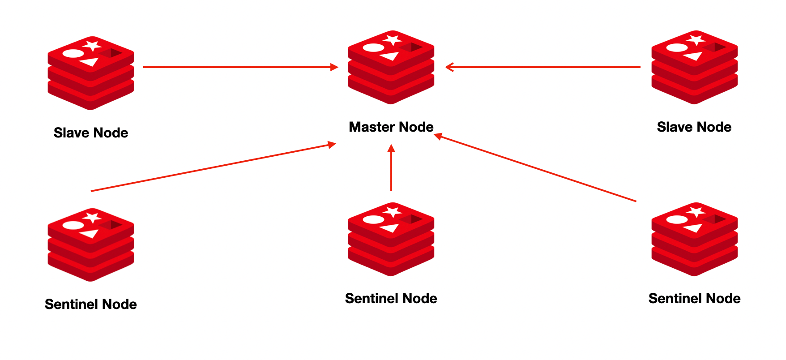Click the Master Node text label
[x=391, y=127]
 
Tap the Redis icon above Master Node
[x=391, y=67]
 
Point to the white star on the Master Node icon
[x=393, y=39]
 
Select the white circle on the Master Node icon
[x=373, y=47]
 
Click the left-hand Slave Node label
[x=91, y=133]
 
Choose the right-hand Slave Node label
[x=694, y=127]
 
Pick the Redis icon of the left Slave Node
[x=91, y=73]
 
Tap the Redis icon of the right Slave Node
[x=694, y=67]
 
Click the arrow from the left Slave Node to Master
[x=240, y=67]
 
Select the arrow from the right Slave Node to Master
[x=543, y=67]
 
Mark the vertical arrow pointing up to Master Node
[x=391, y=168]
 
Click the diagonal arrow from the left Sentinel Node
[x=213, y=167]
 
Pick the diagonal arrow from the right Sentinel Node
[x=535, y=168]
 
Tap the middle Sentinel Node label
[x=391, y=299]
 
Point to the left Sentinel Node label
[x=91, y=304]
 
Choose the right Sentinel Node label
[x=694, y=299]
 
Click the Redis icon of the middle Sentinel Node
[x=391, y=239]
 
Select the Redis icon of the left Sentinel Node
[x=91, y=245]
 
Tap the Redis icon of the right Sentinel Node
[x=694, y=239]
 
